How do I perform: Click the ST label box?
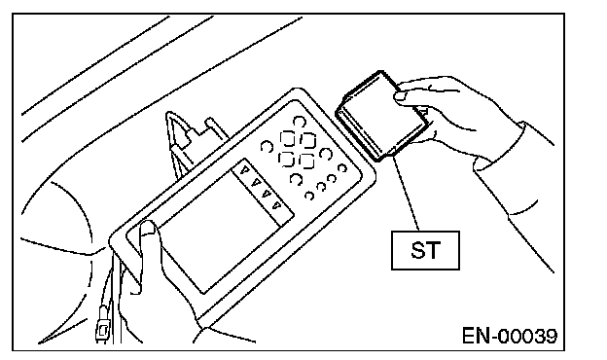click(x=425, y=250)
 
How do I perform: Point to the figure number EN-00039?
click(x=510, y=336)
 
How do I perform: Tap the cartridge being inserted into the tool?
click(x=381, y=116)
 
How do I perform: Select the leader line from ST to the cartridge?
click(x=406, y=193)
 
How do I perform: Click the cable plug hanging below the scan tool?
click(x=103, y=324)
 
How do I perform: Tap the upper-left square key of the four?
click(x=288, y=138)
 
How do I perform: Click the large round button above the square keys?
click(x=299, y=122)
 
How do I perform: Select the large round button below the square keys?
click(x=296, y=179)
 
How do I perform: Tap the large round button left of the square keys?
click(x=267, y=147)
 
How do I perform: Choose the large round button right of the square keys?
click(x=326, y=154)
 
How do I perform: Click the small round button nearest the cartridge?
click(x=342, y=168)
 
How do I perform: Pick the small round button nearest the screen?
click(x=309, y=196)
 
